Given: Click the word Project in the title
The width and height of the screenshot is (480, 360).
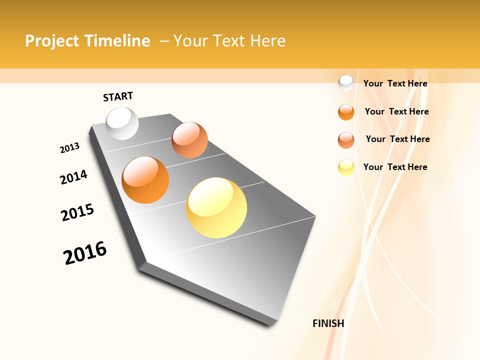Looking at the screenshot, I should [52, 41].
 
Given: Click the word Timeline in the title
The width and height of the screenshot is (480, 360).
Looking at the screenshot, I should [117, 41].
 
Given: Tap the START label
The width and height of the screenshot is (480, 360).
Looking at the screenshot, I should [118, 96].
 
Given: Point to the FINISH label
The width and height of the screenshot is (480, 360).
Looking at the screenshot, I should [328, 323].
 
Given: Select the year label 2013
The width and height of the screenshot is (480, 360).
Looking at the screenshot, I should [69, 148].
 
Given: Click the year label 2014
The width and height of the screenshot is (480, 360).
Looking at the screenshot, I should [73, 177].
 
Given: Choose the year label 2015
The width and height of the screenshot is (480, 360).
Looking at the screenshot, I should [77, 212].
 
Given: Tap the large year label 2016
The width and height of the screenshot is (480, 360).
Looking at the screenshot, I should [85, 253].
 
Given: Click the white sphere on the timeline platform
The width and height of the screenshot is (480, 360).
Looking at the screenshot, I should [122, 123].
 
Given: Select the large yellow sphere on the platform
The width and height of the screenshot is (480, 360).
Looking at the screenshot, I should [216, 207].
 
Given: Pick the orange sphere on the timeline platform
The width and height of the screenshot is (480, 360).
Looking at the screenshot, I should [145, 180].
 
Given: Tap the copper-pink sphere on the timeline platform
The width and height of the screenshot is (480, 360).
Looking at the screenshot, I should [189, 140].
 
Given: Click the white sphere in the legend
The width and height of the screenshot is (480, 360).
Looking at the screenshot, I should [346, 83].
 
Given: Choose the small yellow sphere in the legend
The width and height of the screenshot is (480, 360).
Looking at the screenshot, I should [346, 167].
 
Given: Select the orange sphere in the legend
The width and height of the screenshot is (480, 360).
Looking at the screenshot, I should [346, 112].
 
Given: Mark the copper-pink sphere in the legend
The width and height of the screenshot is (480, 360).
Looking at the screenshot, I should [346, 140].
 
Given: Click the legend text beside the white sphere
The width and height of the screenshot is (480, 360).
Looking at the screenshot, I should [395, 83].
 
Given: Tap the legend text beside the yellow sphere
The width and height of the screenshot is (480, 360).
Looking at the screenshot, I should [395, 167].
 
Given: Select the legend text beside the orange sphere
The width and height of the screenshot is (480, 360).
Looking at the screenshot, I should [396, 111].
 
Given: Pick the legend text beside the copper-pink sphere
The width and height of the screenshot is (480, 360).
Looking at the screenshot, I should [397, 139].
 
